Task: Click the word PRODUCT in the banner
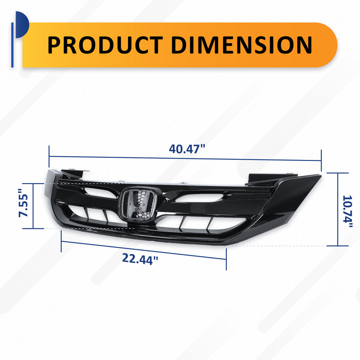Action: (x=105, y=45)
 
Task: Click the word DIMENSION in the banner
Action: (x=242, y=45)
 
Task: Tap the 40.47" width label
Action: (x=187, y=149)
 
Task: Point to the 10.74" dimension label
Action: (x=347, y=212)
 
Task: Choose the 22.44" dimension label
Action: (x=140, y=259)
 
